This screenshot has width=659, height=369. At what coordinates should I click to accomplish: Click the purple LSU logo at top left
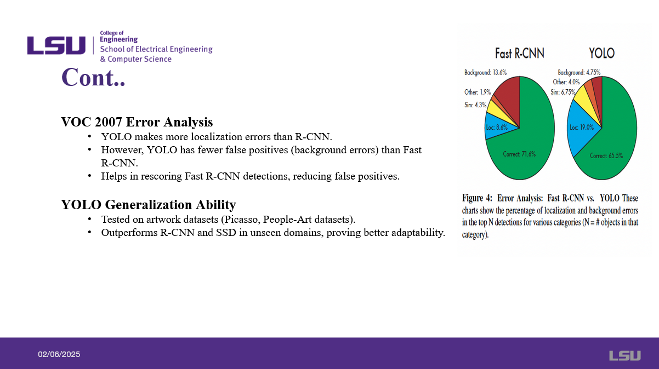(x=56, y=45)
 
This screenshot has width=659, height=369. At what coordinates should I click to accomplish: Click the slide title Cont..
(x=93, y=77)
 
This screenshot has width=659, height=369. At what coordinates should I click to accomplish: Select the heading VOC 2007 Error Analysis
(x=137, y=122)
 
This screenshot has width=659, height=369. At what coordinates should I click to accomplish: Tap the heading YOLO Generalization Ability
(x=148, y=205)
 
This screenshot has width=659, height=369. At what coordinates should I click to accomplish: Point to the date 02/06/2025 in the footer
(x=59, y=355)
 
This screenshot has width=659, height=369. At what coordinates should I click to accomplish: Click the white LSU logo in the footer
(x=624, y=356)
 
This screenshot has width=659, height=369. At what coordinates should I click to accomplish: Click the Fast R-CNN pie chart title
(x=519, y=54)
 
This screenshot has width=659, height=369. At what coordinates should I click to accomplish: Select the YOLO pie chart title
(x=601, y=54)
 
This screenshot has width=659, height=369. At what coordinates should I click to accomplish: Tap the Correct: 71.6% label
(x=519, y=154)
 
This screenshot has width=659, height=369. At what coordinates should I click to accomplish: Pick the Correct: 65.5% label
(x=606, y=155)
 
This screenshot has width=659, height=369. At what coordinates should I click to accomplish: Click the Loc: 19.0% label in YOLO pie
(x=581, y=128)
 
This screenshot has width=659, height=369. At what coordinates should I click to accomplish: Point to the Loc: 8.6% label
(x=497, y=127)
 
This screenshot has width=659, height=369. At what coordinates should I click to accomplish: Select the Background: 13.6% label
(x=485, y=72)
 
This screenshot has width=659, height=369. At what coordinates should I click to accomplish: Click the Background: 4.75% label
(x=579, y=72)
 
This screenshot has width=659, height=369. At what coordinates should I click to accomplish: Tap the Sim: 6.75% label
(x=563, y=93)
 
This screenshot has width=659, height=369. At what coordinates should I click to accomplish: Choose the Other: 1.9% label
(x=478, y=92)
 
